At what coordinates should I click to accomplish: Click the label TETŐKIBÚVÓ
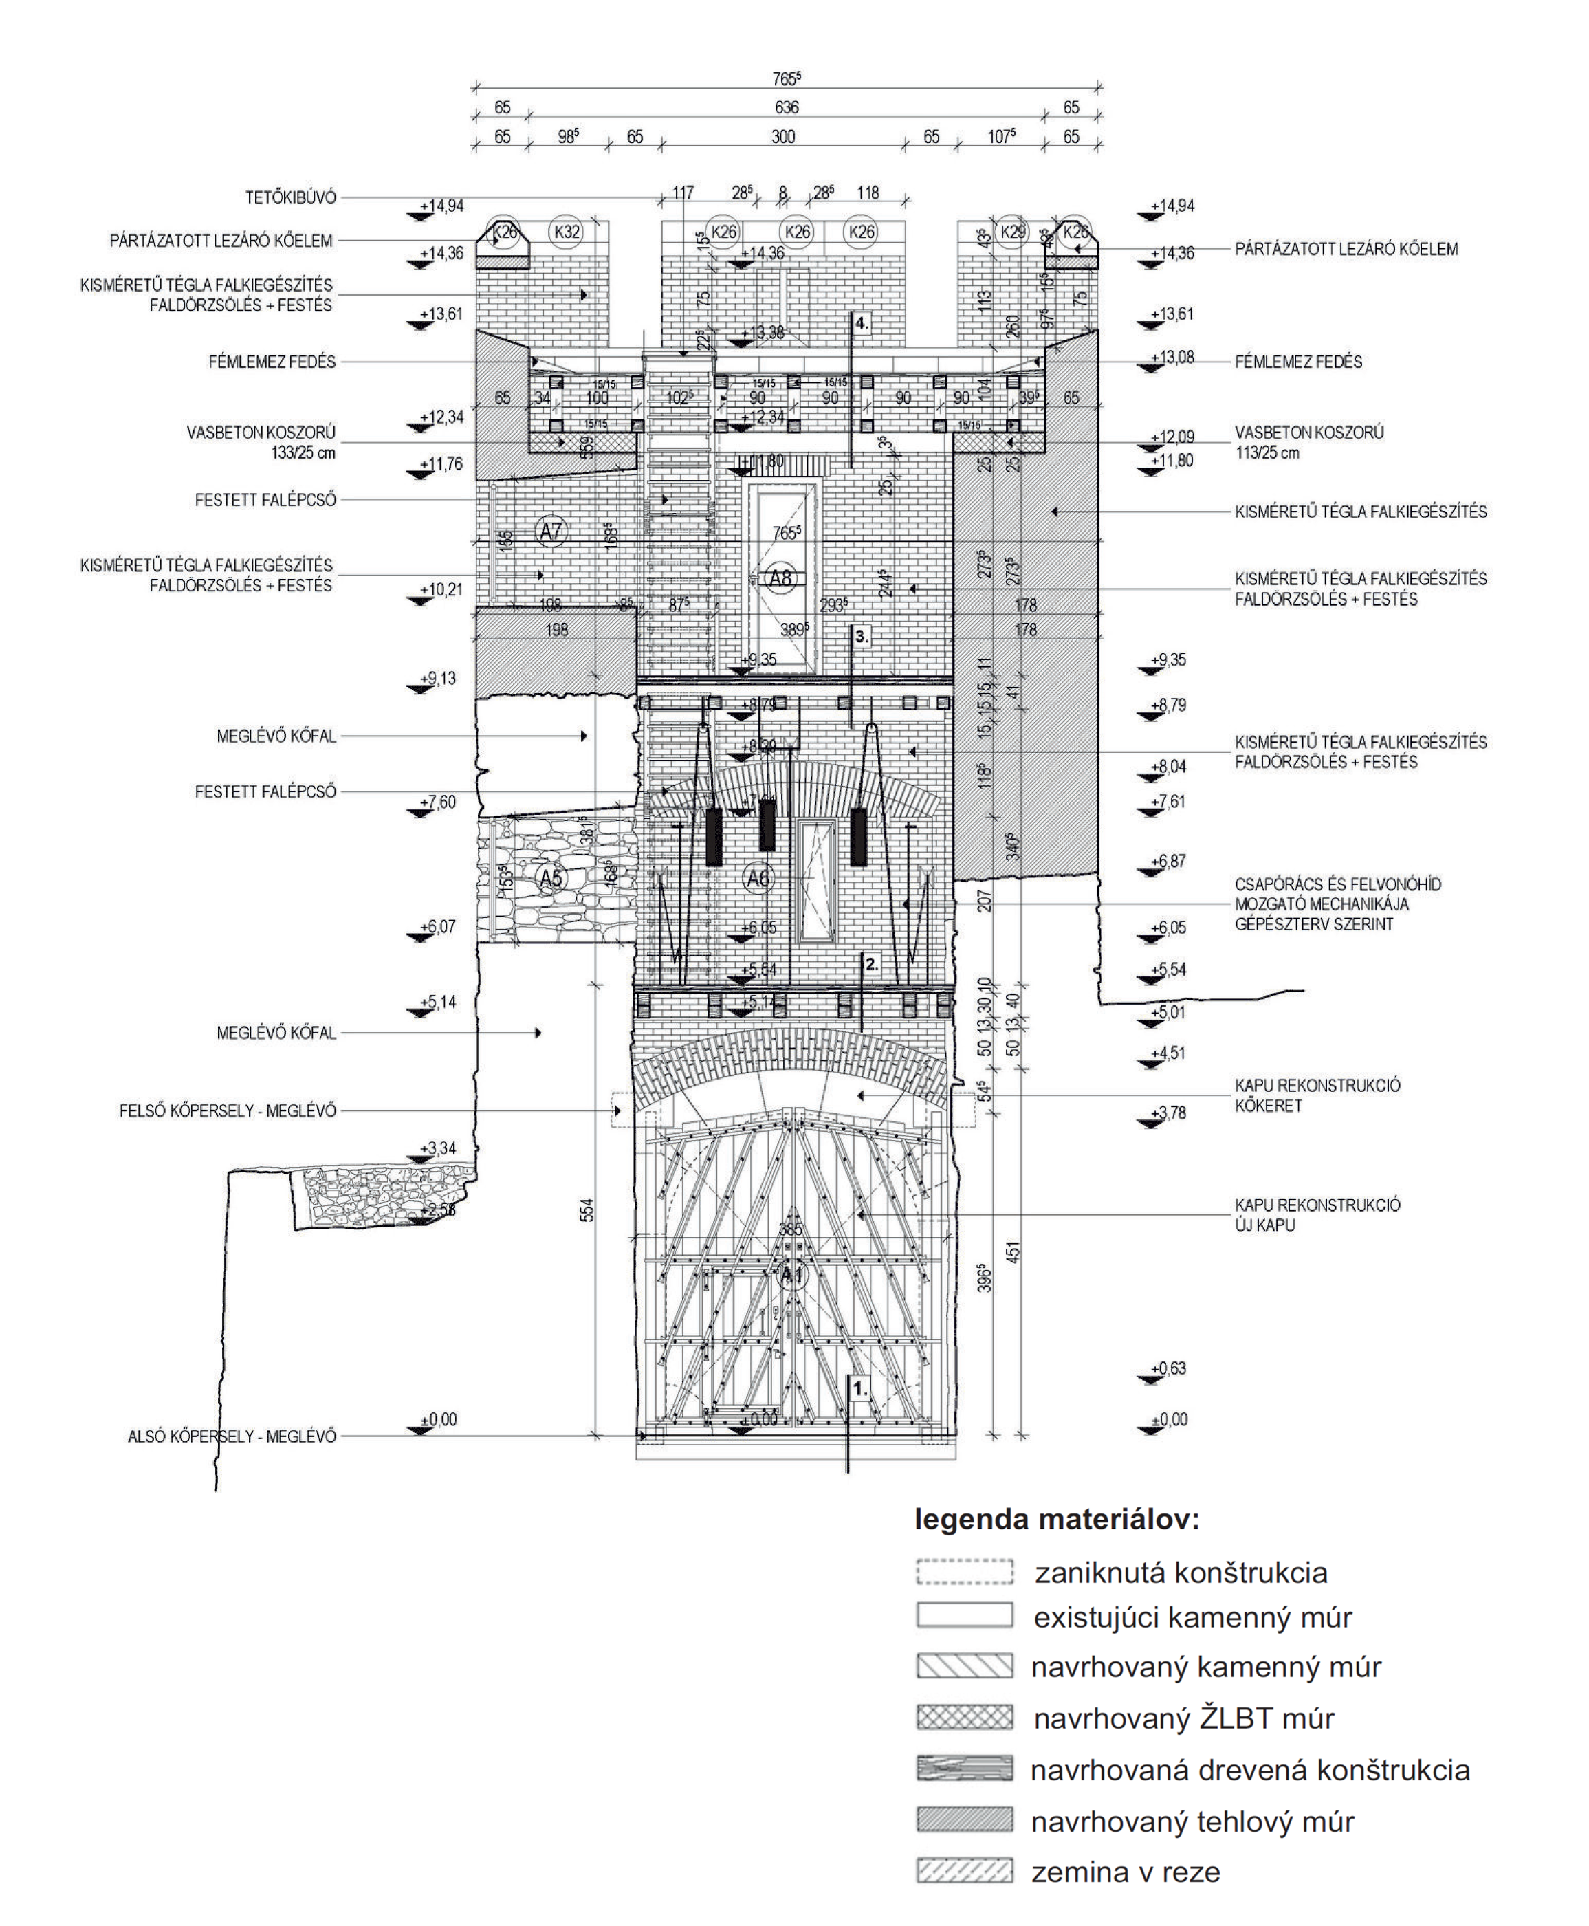click(x=290, y=198)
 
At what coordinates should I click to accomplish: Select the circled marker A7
click(x=550, y=531)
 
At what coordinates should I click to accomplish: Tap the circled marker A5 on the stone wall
click(x=550, y=879)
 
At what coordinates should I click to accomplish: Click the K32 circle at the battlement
click(x=567, y=232)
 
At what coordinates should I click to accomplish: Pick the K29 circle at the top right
click(x=1012, y=232)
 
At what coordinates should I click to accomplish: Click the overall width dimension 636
click(x=787, y=108)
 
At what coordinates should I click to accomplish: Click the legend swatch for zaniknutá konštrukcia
click(x=965, y=1572)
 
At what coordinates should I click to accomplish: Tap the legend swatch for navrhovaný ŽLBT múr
click(x=965, y=1717)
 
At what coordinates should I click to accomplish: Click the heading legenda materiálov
click(x=1056, y=1520)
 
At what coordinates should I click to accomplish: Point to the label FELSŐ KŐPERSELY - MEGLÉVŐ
click(x=227, y=1111)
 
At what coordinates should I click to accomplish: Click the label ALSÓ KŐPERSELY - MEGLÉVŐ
click(x=232, y=1436)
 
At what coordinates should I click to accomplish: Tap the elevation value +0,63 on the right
click(x=1169, y=1368)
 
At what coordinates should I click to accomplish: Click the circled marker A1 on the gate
click(x=792, y=1275)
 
